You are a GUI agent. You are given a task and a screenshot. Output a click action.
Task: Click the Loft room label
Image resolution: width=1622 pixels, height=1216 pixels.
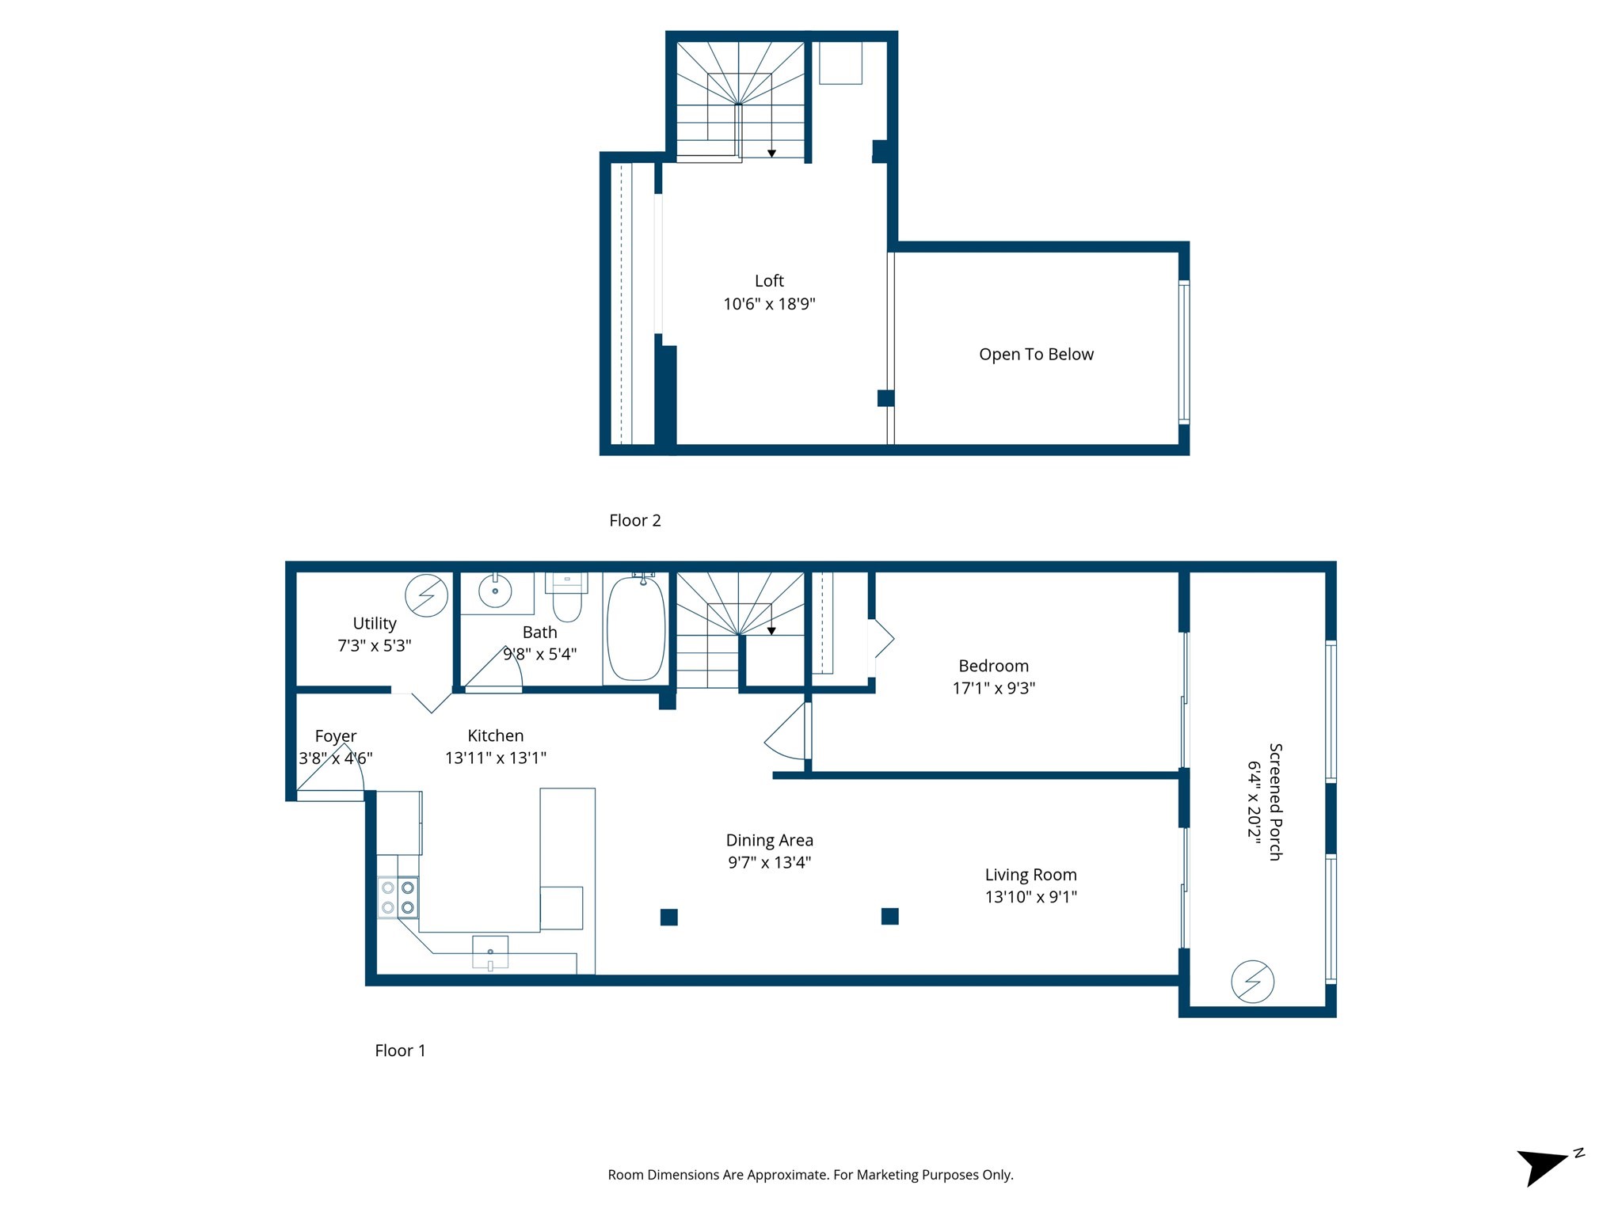click(x=769, y=281)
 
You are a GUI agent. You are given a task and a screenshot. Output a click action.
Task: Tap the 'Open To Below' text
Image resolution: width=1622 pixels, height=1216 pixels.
click(x=1036, y=355)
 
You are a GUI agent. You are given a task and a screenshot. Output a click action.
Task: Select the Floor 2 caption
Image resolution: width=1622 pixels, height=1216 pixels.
click(x=634, y=520)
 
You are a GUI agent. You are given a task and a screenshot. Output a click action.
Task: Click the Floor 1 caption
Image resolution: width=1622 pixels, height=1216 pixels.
click(x=400, y=1051)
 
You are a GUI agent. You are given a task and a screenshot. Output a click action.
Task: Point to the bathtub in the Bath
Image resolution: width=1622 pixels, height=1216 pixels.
click(x=636, y=629)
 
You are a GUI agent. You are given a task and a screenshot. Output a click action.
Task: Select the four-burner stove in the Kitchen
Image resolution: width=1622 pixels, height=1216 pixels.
click(x=398, y=898)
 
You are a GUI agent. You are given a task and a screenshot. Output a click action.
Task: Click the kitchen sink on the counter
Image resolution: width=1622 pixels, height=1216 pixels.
click(x=490, y=952)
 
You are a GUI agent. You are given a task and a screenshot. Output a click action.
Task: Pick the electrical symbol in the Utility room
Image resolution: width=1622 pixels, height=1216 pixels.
click(x=426, y=595)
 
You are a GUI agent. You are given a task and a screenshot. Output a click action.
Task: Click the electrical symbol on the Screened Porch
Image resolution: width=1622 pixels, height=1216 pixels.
click(x=1252, y=982)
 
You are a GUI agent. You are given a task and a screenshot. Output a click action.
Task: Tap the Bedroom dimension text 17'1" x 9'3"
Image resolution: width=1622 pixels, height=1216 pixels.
click(x=993, y=688)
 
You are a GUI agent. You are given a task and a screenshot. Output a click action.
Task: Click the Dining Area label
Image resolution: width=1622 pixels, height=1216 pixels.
click(x=769, y=840)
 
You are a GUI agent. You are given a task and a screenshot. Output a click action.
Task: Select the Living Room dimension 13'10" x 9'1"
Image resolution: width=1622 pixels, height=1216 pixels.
click(x=1030, y=897)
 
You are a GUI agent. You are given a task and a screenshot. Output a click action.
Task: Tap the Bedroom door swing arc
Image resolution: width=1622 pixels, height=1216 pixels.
click(x=784, y=732)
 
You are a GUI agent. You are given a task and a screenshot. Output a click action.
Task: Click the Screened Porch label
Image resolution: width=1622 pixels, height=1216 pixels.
click(x=1275, y=801)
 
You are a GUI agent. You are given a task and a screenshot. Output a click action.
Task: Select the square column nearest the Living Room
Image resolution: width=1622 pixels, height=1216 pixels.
click(x=889, y=916)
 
